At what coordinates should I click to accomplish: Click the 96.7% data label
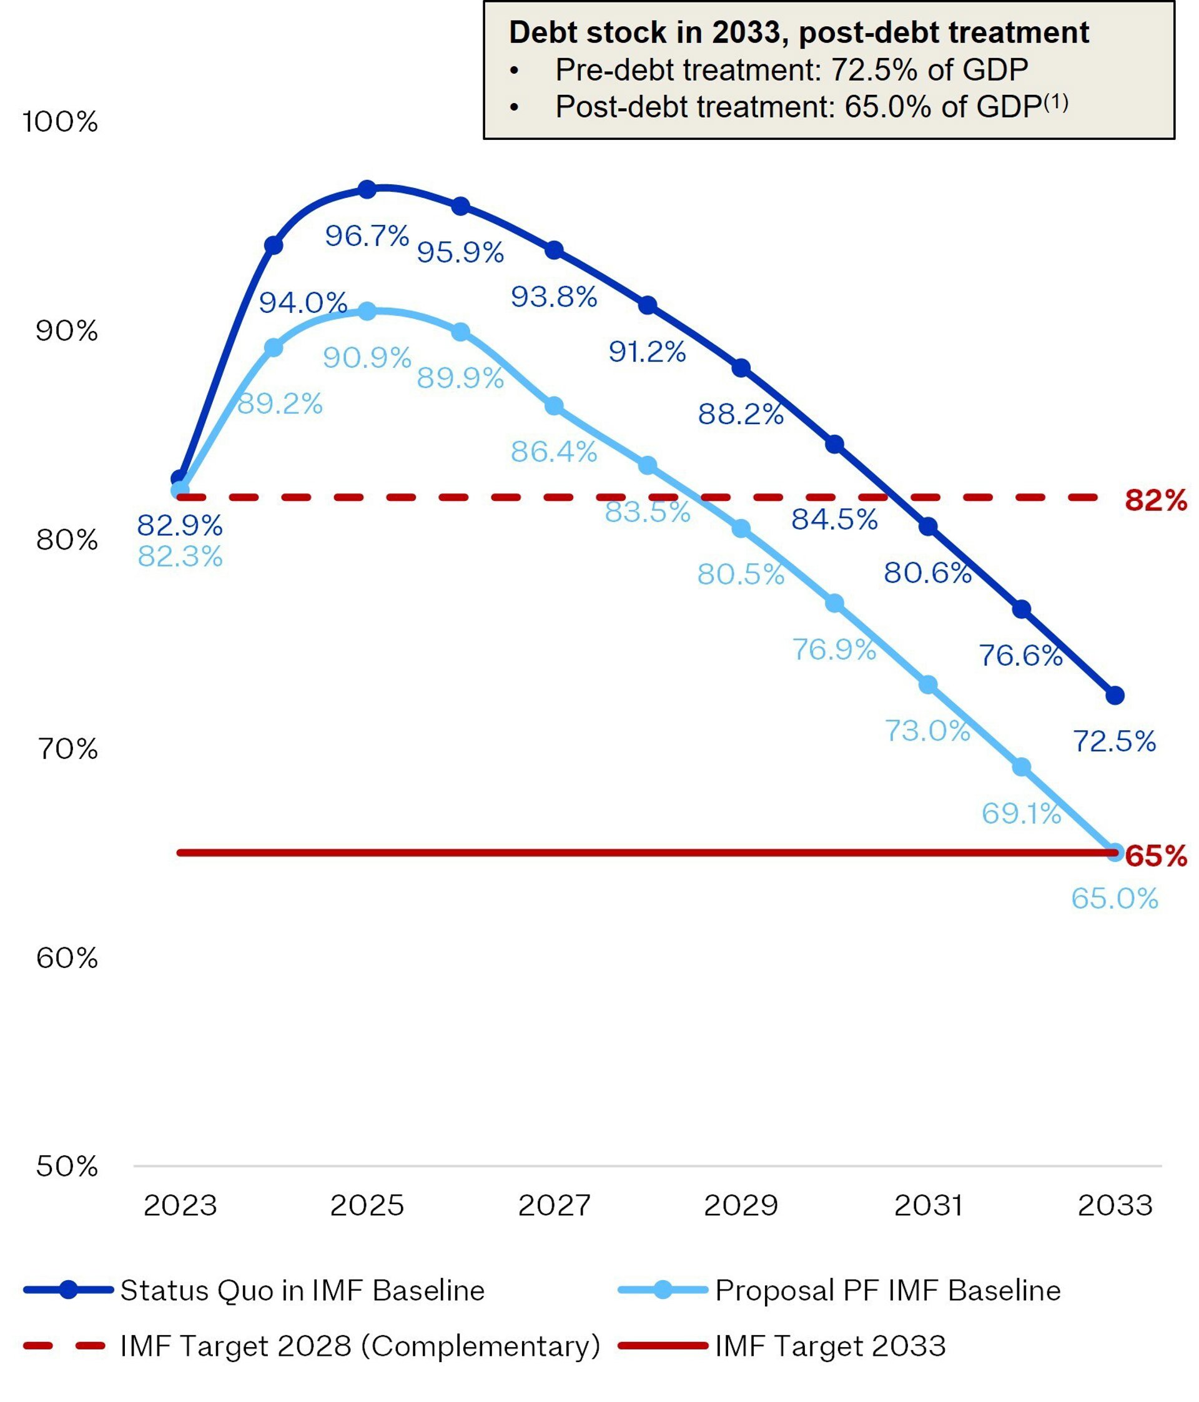pyautogui.click(x=367, y=236)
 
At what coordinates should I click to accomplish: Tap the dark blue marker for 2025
pyautogui.click(x=367, y=189)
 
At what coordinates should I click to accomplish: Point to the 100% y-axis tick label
pyautogui.click(x=60, y=122)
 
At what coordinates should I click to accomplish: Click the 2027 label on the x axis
pyautogui.click(x=554, y=1205)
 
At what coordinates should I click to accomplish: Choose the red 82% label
pyautogui.click(x=1156, y=500)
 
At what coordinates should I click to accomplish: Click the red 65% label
pyautogui.click(x=1156, y=856)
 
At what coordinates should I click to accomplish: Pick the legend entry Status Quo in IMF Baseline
pyautogui.click(x=302, y=1290)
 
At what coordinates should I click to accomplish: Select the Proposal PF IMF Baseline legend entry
pyautogui.click(x=887, y=1290)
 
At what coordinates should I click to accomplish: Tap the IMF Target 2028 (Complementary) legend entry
pyautogui.click(x=359, y=1346)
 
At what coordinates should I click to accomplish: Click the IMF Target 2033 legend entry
pyautogui.click(x=829, y=1346)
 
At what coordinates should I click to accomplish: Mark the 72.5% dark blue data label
pyautogui.click(x=1115, y=742)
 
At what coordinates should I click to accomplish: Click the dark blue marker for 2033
pyautogui.click(x=1115, y=695)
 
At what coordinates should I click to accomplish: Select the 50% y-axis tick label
pyautogui.click(x=66, y=1166)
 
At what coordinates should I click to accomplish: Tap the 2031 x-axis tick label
pyautogui.click(x=929, y=1205)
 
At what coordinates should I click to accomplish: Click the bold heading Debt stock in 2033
pyautogui.click(x=799, y=32)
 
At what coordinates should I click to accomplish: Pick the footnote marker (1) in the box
pyautogui.click(x=1056, y=102)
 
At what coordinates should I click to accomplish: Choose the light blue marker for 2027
pyautogui.click(x=554, y=406)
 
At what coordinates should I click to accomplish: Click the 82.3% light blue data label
pyautogui.click(x=180, y=556)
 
